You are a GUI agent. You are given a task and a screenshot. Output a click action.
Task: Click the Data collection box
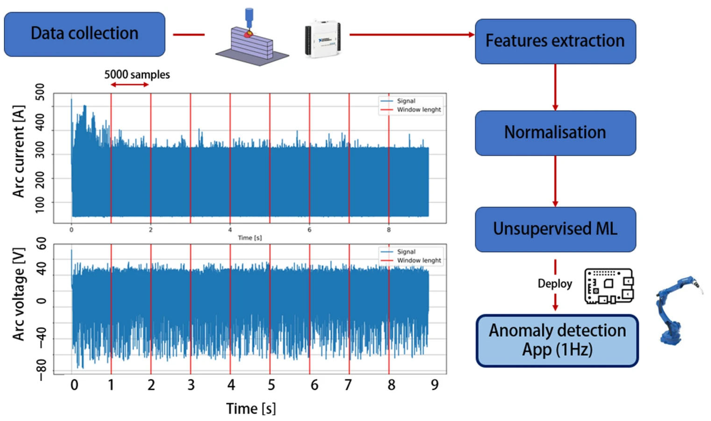tap(84, 34)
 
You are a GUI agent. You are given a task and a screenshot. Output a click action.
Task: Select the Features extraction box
tap(555, 41)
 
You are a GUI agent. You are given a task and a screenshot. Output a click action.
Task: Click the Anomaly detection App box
tap(557, 340)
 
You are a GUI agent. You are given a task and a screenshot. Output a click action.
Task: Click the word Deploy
tap(555, 284)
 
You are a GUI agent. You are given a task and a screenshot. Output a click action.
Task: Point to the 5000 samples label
tap(137, 75)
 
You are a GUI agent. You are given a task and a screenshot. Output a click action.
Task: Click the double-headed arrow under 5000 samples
tap(130, 85)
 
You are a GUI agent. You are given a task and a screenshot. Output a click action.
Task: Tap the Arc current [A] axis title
tap(18, 152)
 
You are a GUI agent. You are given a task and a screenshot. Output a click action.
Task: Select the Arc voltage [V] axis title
tap(18, 295)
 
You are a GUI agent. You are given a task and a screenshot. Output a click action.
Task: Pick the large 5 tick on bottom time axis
tap(271, 385)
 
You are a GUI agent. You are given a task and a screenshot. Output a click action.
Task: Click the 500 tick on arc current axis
tap(41, 92)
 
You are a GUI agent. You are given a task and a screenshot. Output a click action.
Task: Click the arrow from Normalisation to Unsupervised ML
tap(555, 182)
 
